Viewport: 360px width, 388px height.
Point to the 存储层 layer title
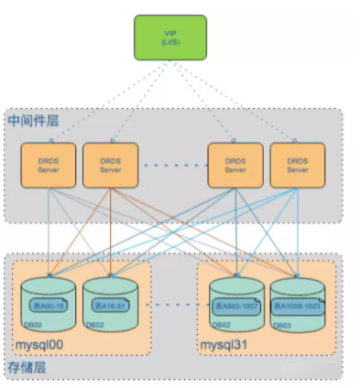(29, 367)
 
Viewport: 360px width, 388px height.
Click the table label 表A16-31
(109, 305)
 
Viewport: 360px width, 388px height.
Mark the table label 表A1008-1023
(300, 305)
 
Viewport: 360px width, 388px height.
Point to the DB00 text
(32, 325)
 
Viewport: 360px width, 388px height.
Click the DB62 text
(222, 325)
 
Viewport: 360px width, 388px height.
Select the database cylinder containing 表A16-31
(109, 297)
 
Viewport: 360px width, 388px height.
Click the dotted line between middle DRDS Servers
(172, 166)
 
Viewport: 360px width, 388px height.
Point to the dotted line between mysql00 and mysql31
(172, 304)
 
